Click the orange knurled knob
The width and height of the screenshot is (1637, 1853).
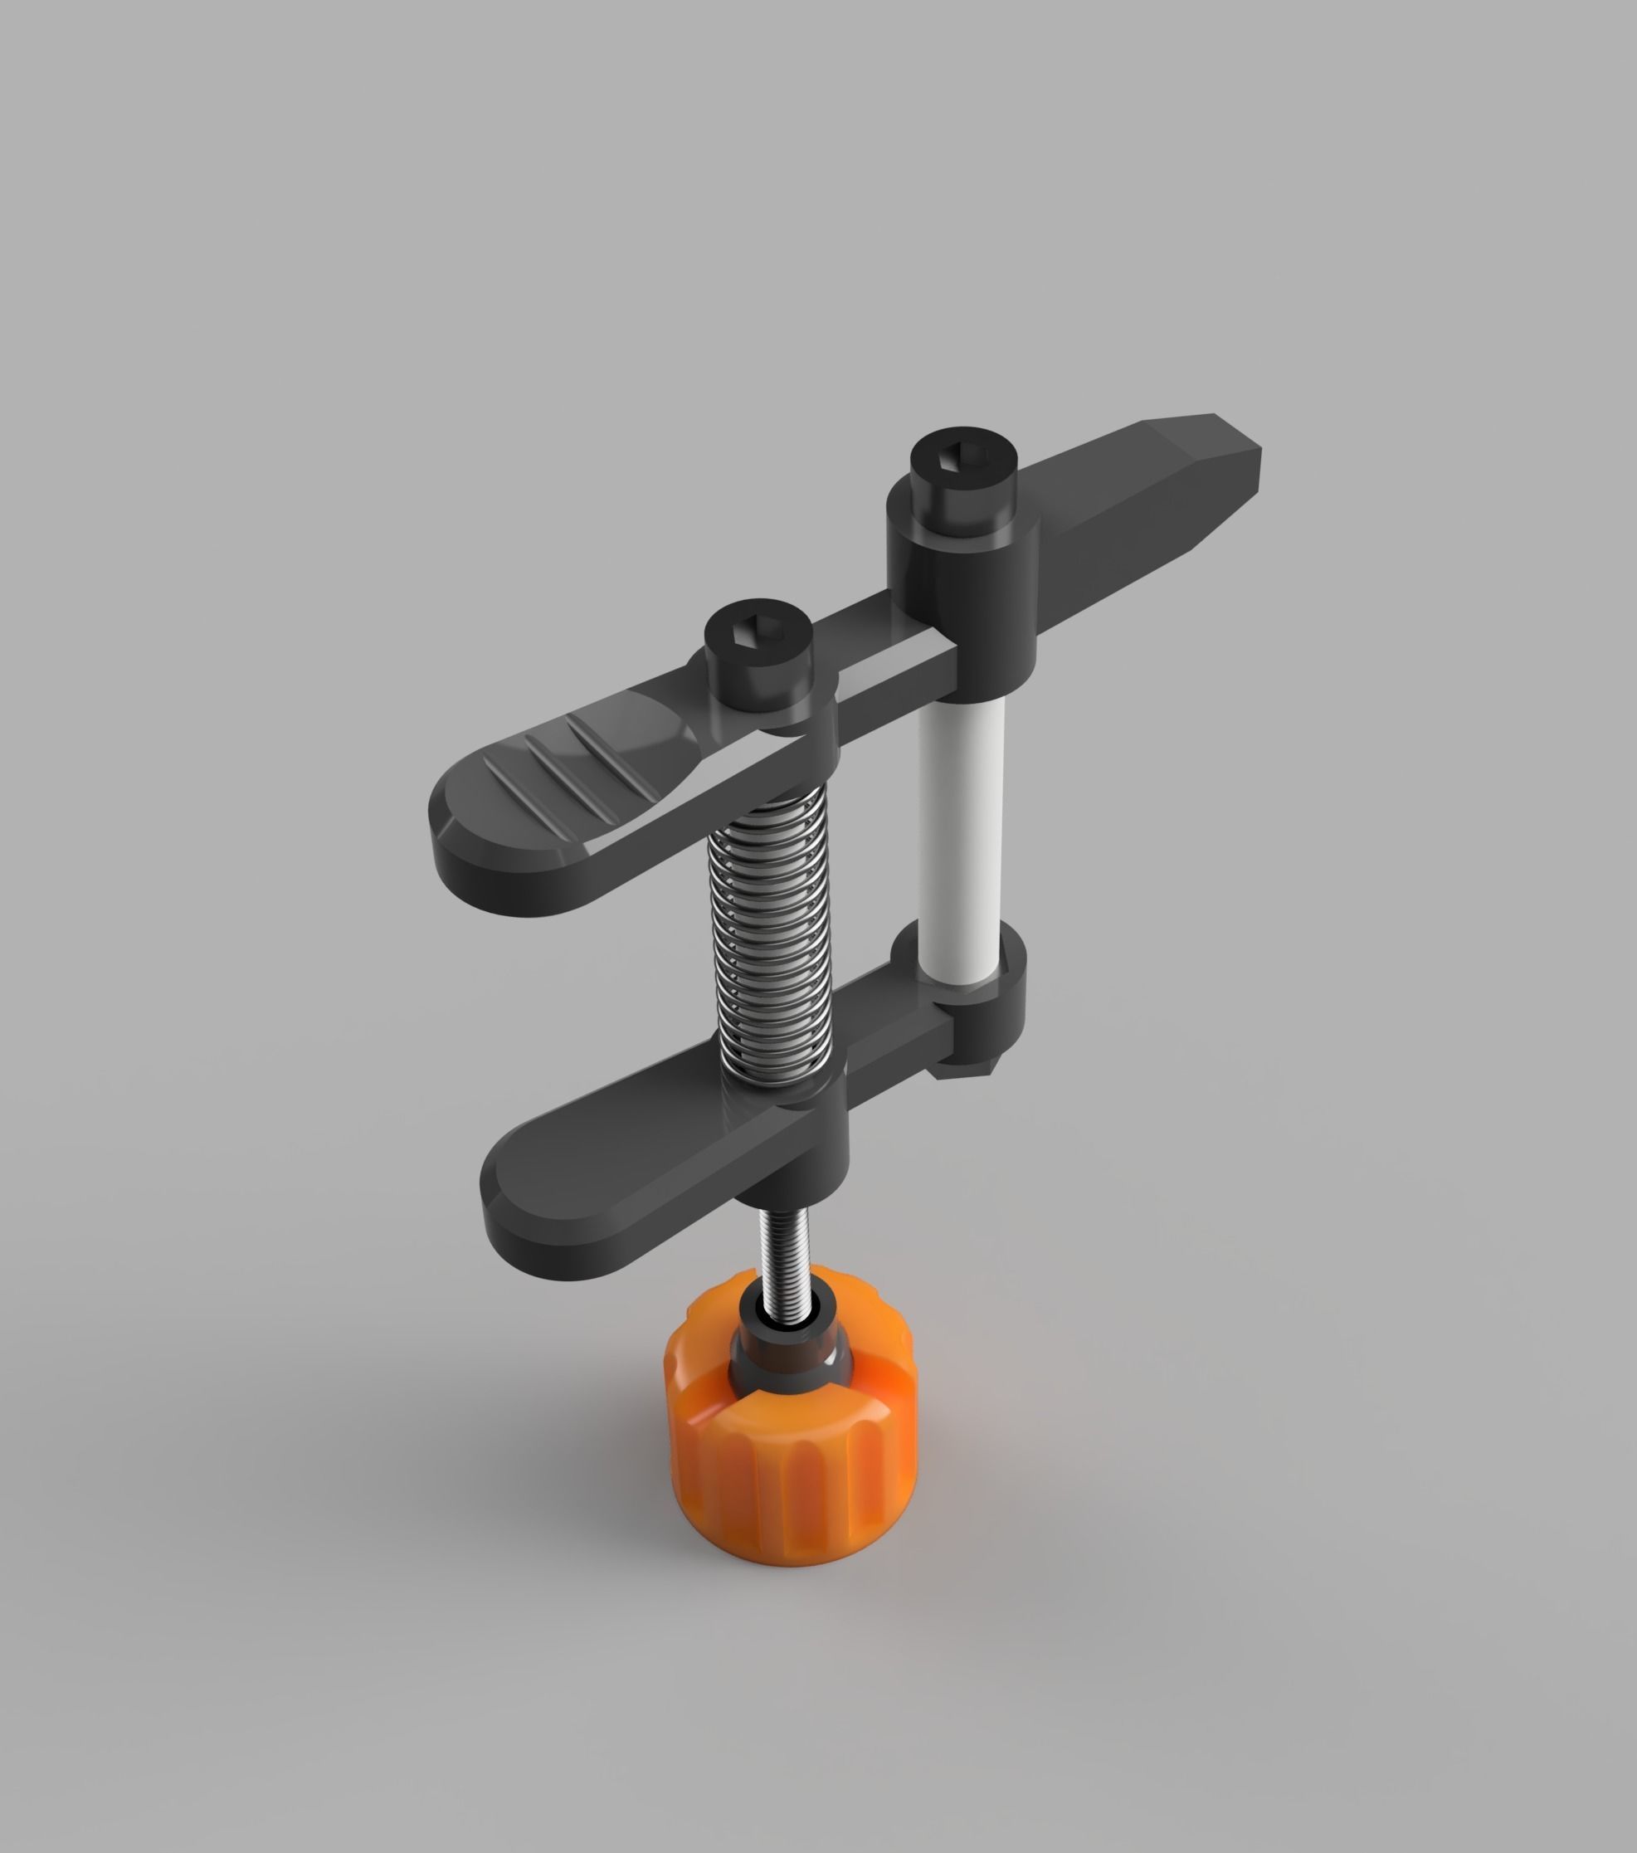(791, 1469)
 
